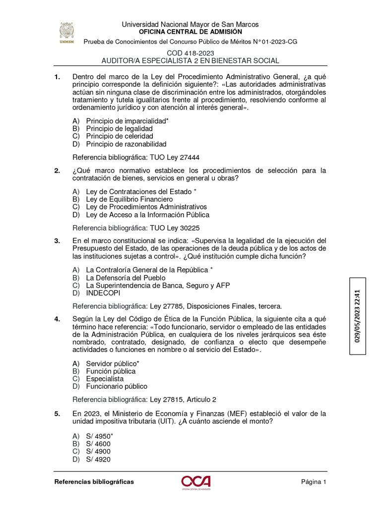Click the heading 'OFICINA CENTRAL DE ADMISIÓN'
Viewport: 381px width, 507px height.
pyautogui.click(x=190, y=31)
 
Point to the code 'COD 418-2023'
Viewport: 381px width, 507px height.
pyautogui.click(x=190, y=53)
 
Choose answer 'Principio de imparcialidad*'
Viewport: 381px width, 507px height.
pyautogui.click(x=127, y=120)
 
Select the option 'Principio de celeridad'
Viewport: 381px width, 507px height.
pyautogui.click(x=119, y=136)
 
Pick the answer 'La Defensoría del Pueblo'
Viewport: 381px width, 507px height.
pyautogui.click(x=126, y=278)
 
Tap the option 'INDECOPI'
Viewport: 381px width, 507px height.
pyautogui.click(x=103, y=293)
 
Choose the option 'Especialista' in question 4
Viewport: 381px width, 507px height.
pyautogui.click(x=105, y=379)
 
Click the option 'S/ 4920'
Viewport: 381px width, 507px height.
pyautogui.click(x=98, y=459)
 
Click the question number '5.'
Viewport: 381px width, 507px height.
pyautogui.click(x=58, y=413)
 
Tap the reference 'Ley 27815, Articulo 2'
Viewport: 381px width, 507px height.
pyautogui.click(x=183, y=400)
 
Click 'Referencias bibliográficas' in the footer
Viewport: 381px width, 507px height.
pyautogui.click(x=94, y=482)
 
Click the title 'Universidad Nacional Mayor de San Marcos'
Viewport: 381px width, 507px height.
pyautogui.click(x=190, y=24)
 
